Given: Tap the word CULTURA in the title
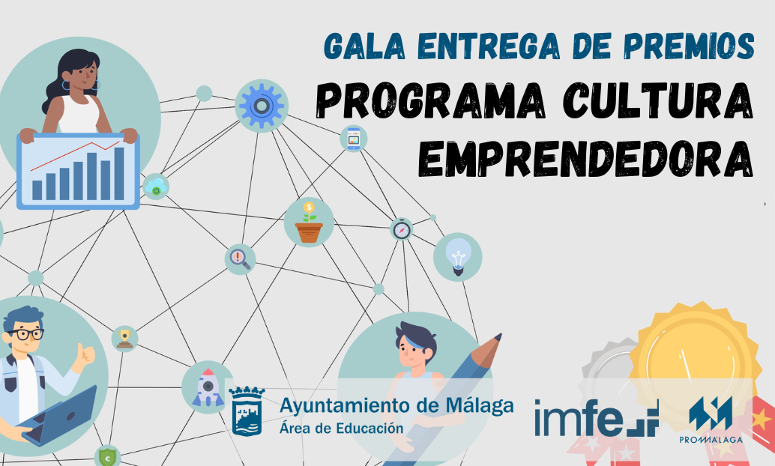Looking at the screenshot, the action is point(658,100).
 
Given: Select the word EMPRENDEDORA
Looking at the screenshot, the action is point(585,158).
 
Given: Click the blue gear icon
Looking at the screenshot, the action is point(262,106).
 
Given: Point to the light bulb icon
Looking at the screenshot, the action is point(458,257).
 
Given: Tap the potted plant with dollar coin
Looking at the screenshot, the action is point(309,222).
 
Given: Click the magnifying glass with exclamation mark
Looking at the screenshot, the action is point(240,259).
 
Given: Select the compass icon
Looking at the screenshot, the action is point(402,229).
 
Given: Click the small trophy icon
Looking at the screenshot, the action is point(124,339).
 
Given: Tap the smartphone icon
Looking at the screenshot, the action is point(353,139).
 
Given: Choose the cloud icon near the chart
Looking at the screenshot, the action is point(156,187).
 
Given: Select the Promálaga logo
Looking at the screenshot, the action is point(711,420).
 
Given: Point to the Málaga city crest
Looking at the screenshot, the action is point(246,411).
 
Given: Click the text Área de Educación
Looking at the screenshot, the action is point(342,428).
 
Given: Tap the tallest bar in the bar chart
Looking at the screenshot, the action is point(119,174).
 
